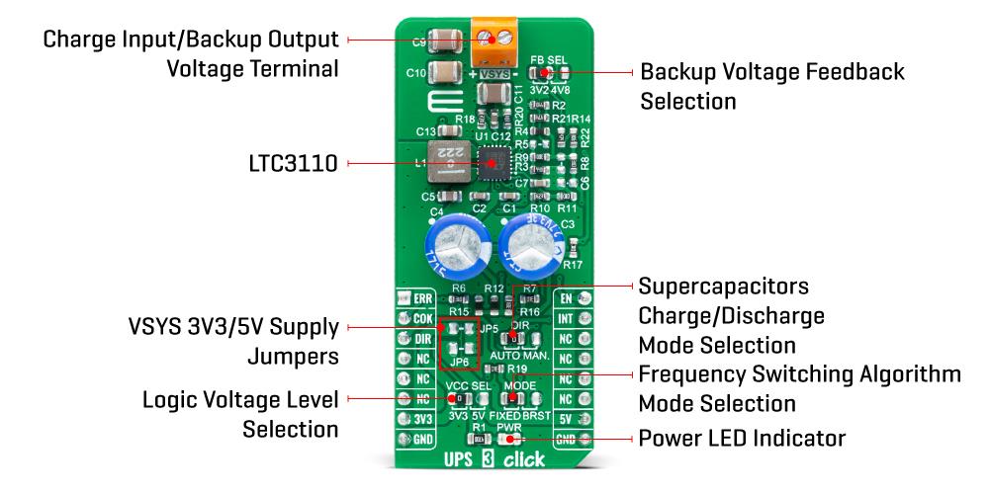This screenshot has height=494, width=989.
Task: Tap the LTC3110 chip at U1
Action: pyautogui.click(x=492, y=162)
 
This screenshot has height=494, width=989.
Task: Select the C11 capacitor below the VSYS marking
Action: pyautogui.click(x=492, y=96)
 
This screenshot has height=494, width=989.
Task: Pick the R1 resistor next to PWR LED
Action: pyautogui.click(x=480, y=438)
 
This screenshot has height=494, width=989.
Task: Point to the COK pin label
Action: pyautogui.click(x=423, y=318)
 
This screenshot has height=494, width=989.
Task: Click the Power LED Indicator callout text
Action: pyautogui.click(x=742, y=437)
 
